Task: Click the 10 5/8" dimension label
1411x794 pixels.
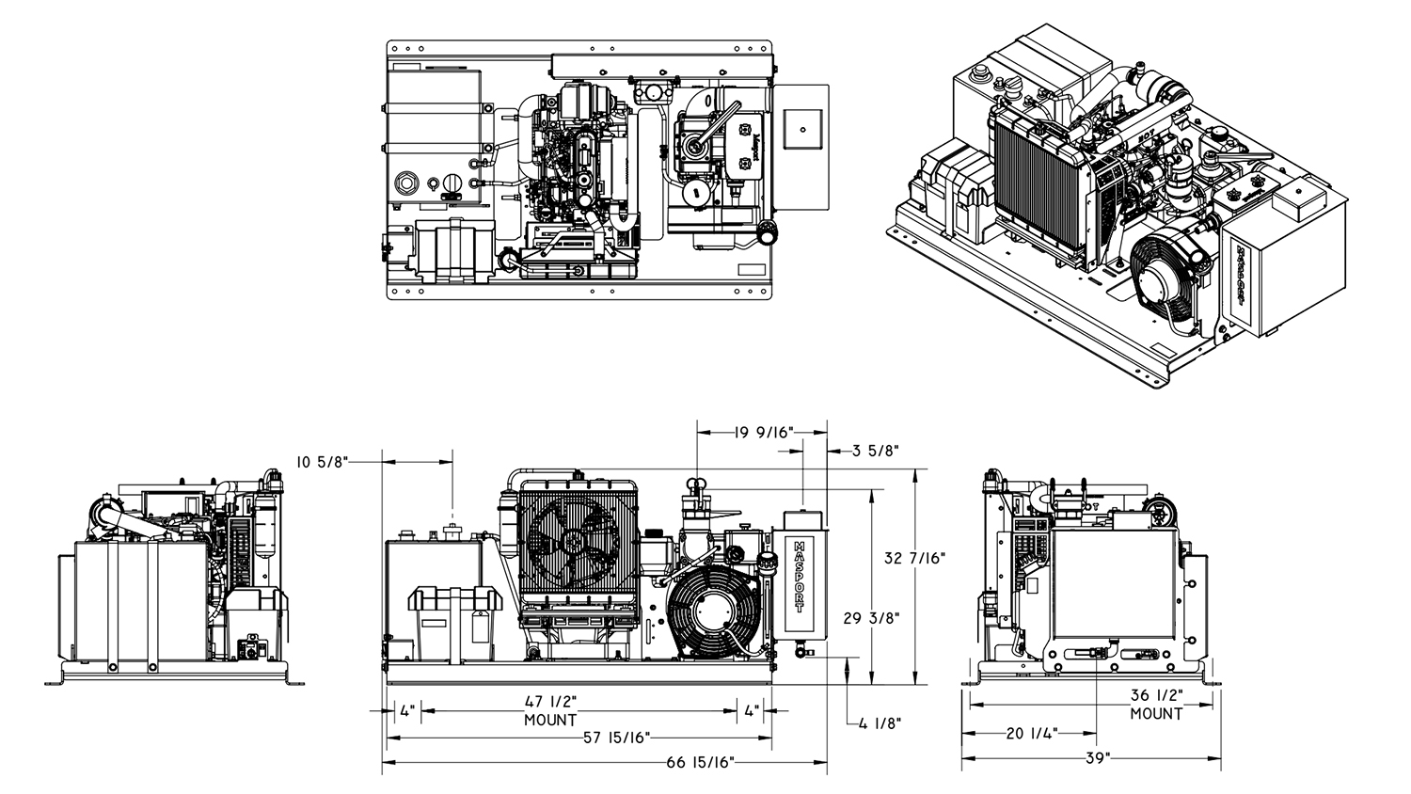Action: pyautogui.click(x=322, y=461)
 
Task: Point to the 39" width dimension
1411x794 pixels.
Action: pyautogui.click(x=1097, y=757)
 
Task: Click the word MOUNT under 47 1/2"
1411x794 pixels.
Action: pyautogui.click(x=549, y=720)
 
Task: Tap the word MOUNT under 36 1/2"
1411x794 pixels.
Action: pyautogui.click(x=1156, y=714)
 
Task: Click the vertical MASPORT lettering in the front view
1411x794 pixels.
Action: pyautogui.click(x=799, y=575)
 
